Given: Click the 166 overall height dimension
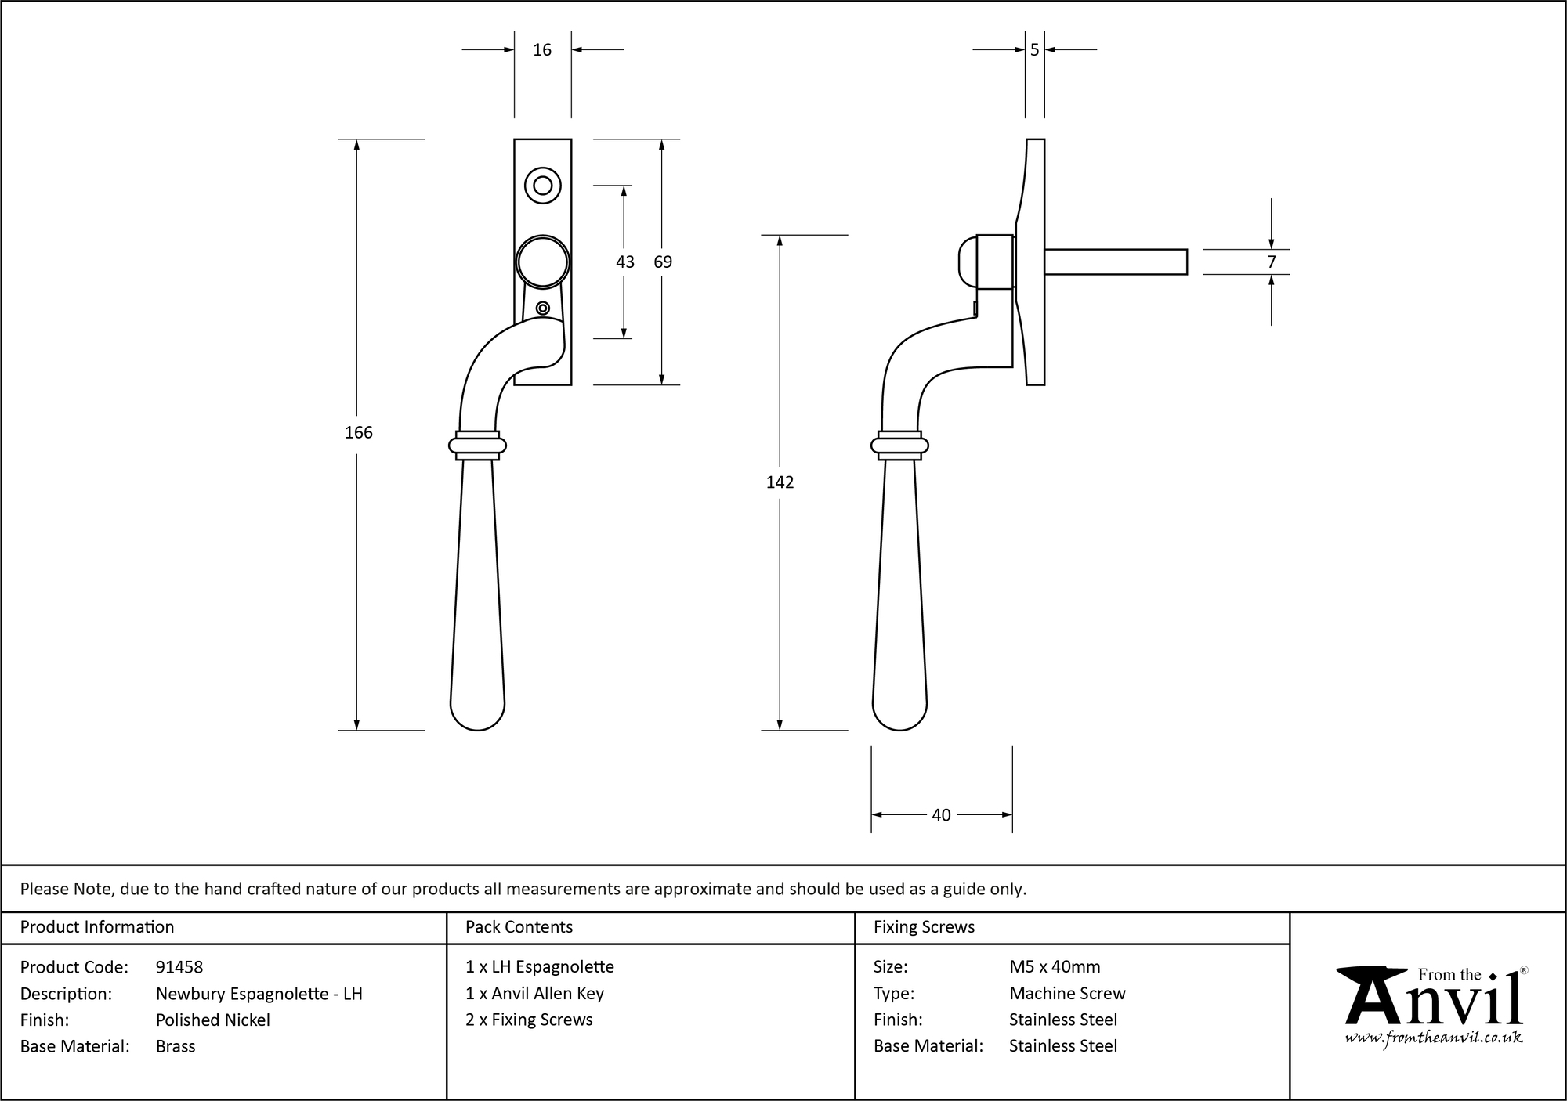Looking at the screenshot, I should coord(359,432).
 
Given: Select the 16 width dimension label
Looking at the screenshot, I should coord(542,50).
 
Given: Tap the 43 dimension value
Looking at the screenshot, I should coord(624,262).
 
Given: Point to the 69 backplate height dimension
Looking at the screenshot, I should coord(663,262).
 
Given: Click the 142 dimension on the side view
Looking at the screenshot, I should coord(780,482).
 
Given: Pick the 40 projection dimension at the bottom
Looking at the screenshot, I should coord(941,815).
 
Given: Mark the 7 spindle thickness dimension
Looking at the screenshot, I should coord(1271,262).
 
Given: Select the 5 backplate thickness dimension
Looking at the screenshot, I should coord(1034,50).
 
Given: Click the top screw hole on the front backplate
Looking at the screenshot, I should coord(542,186).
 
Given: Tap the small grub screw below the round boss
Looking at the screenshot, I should coord(542,308).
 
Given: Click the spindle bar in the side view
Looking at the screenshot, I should coord(1116,262).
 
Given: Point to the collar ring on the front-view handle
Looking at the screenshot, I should coord(477,446).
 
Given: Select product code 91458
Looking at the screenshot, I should coord(179,967).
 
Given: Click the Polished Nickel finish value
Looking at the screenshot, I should coord(213,1020).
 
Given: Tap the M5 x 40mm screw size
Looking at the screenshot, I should coord(1055,967).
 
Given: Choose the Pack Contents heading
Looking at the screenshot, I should coord(519,927).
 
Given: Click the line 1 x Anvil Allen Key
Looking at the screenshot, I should coord(534,994).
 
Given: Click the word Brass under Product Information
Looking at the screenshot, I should coord(176,1046).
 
